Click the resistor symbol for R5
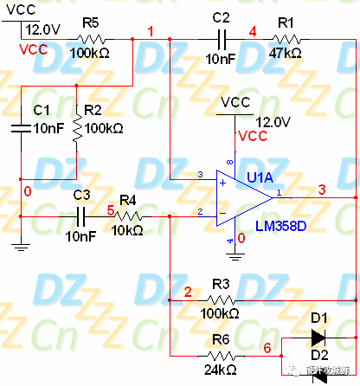pyautogui.click(x=91, y=39)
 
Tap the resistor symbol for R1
pyautogui.click(x=286, y=39)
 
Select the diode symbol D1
pyautogui.click(x=318, y=338)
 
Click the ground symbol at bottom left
pyautogui.click(x=19, y=245)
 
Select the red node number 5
pyautogui.click(x=110, y=209)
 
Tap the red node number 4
pyautogui.click(x=253, y=31)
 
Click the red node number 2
pyautogui.click(x=187, y=291)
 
